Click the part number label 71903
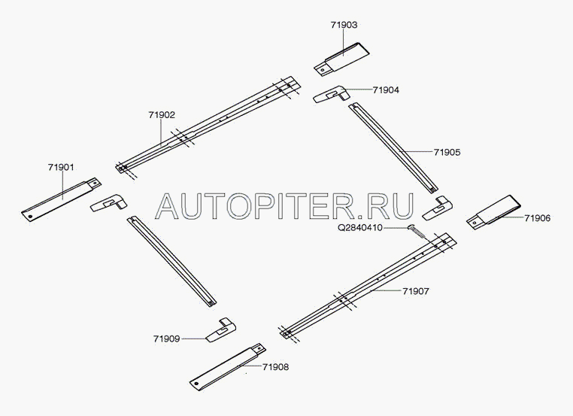344,25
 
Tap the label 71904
386,90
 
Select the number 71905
447,152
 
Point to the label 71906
538,218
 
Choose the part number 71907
416,290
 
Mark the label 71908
276,367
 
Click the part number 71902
162,115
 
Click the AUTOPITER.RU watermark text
287,203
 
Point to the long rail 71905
391,147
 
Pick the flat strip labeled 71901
62,199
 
